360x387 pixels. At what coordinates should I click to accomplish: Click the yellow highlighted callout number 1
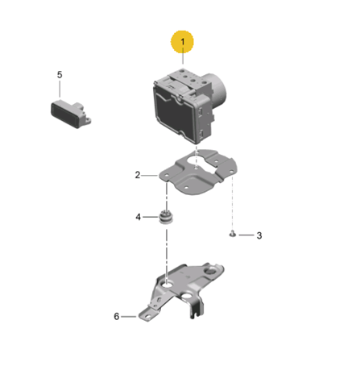click(x=183, y=42)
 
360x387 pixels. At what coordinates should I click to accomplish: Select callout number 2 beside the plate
click(x=138, y=175)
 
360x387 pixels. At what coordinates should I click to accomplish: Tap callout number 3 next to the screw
click(x=259, y=235)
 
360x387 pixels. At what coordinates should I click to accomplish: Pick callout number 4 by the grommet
click(x=138, y=217)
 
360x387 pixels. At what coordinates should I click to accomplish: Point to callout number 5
click(x=60, y=75)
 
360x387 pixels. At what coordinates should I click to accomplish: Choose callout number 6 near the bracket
click(x=117, y=316)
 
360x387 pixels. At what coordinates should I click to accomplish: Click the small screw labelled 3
click(x=233, y=235)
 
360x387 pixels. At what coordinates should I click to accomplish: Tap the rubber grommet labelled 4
click(x=166, y=217)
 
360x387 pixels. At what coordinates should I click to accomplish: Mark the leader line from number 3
click(x=246, y=235)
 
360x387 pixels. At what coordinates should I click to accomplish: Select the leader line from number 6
click(x=129, y=317)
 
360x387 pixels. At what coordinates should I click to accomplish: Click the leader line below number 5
click(x=60, y=89)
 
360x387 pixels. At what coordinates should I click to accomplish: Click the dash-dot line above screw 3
click(x=232, y=204)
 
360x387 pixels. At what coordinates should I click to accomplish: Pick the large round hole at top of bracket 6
click(x=212, y=271)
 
